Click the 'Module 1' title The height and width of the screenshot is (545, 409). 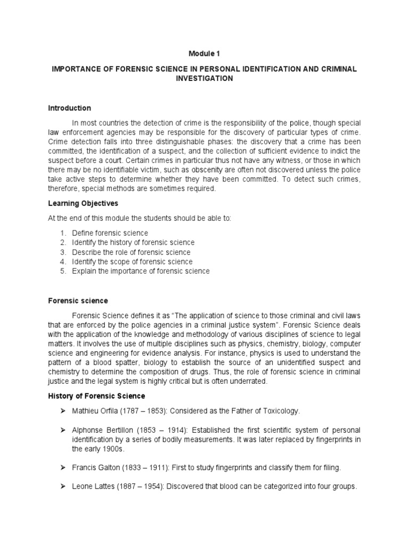(x=204, y=54)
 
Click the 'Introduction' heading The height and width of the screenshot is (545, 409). (x=69, y=108)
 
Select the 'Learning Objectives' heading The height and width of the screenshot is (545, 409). (x=83, y=204)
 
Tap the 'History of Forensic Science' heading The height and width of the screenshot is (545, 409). (x=96, y=397)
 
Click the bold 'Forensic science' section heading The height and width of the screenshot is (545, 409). (x=78, y=301)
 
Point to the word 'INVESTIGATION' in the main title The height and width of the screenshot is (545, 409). (x=204, y=78)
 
